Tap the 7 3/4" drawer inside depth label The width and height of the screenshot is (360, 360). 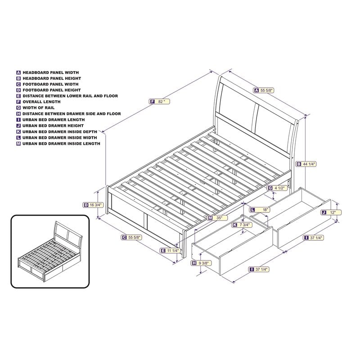[243, 224]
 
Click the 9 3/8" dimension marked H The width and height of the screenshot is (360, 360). [202, 263]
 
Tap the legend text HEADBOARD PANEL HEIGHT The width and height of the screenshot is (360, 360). [51, 78]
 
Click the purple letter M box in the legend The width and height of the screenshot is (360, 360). [18, 144]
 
